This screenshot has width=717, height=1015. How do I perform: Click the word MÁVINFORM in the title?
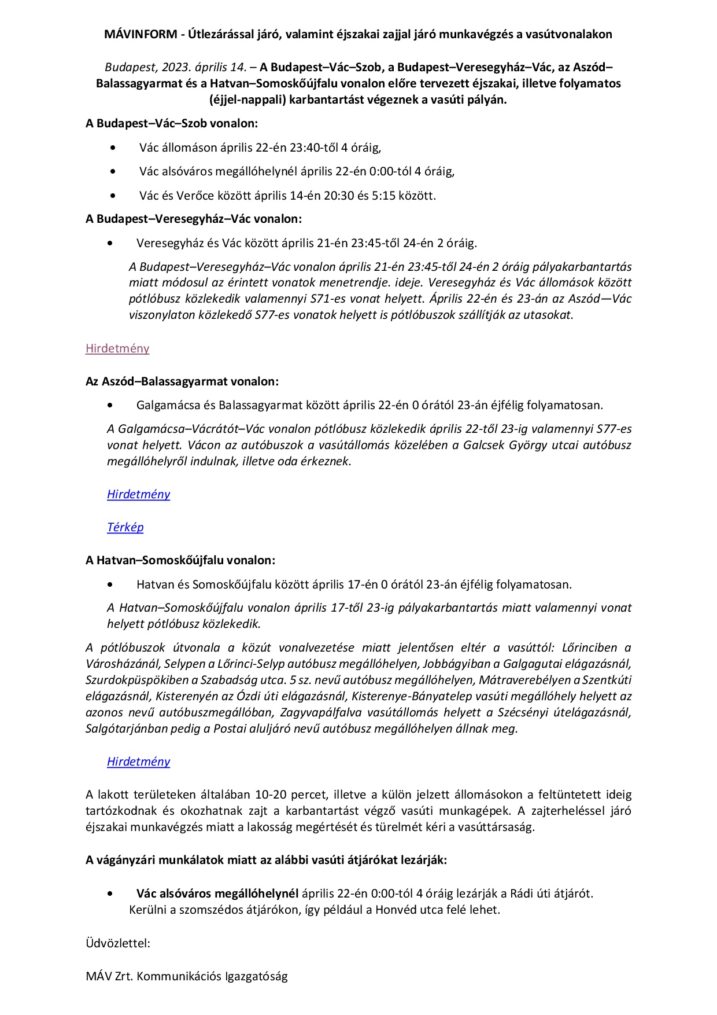141,34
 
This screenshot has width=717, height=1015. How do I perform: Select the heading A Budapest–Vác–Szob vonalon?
172,123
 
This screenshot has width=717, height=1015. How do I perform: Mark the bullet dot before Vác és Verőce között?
112,196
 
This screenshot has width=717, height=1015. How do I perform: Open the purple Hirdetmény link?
117,348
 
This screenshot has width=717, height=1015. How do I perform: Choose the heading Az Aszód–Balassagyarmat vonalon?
182,381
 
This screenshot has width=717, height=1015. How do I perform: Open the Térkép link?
125,527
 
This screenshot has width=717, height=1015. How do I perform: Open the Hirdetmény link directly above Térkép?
139,494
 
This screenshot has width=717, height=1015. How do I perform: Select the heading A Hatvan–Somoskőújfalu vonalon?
180,560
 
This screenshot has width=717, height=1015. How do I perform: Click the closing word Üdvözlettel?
118,943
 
